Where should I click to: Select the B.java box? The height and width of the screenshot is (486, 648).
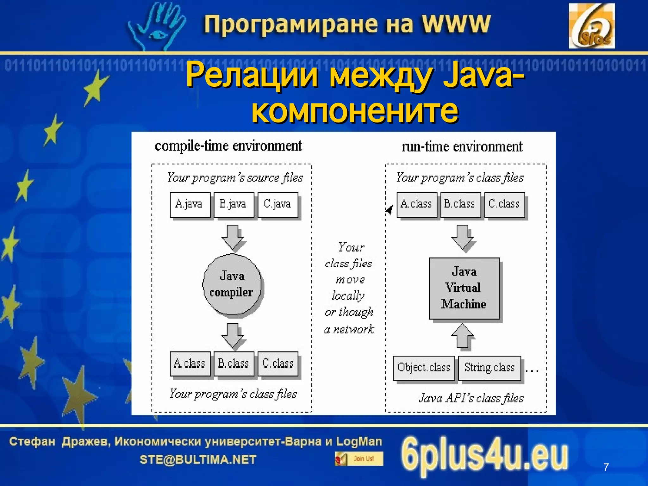pyautogui.click(x=234, y=205)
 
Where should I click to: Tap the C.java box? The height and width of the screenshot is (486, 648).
pyautogui.click(x=277, y=205)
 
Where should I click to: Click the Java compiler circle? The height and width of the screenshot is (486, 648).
pyautogui.click(x=232, y=284)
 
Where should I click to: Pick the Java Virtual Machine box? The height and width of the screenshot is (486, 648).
pyautogui.click(x=464, y=288)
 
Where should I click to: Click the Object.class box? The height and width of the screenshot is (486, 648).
pyautogui.click(x=424, y=368)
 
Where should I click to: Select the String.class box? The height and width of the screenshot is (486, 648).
pyautogui.click(x=489, y=368)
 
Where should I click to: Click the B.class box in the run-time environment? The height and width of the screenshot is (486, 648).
pyautogui.click(x=460, y=204)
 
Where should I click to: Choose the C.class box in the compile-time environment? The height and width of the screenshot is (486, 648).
pyautogui.click(x=278, y=364)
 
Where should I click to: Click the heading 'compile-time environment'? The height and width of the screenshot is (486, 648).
pyautogui.click(x=228, y=146)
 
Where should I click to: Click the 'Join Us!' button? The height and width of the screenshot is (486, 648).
pyautogui.click(x=359, y=458)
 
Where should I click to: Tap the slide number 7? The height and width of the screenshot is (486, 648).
pyautogui.click(x=606, y=467)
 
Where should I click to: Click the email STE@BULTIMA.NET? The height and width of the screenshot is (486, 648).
pyautogui.click(x=198, y=459)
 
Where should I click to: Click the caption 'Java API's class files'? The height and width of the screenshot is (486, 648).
pyautogui.click(x=471, y=398)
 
